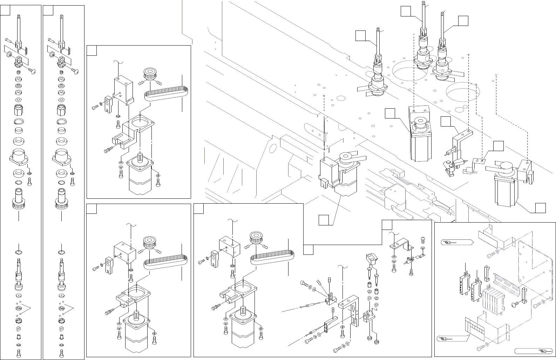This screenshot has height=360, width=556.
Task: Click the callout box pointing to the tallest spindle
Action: pos(406,11)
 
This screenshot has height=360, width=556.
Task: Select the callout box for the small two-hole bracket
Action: pos(498,146)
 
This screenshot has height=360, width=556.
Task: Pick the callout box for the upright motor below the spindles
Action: pos(390,114)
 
